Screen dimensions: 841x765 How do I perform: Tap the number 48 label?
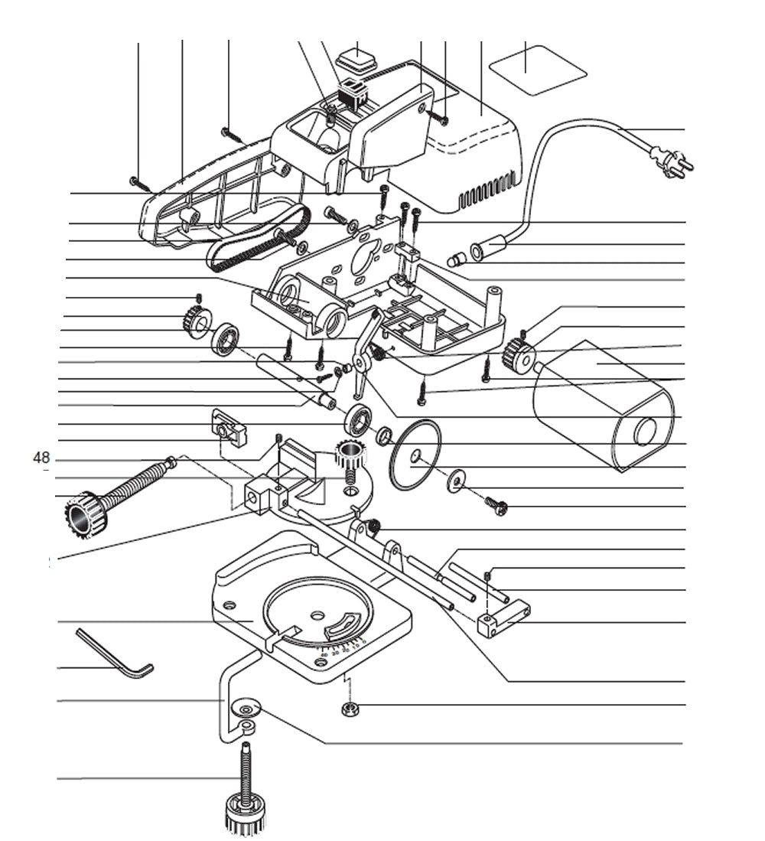[x=41, y=458]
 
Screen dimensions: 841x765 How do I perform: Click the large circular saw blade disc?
[x=415, y=457]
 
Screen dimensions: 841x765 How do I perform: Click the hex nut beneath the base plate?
[x=350, y=709]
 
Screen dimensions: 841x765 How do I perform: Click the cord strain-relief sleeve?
[x=489, y=247]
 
